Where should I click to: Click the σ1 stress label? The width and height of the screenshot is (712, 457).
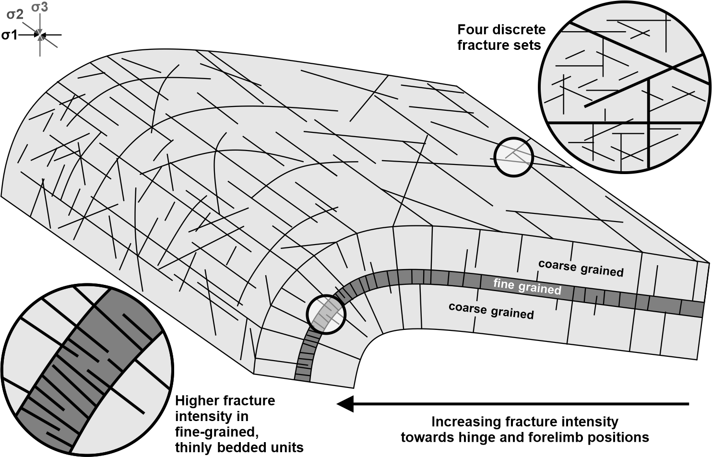9,35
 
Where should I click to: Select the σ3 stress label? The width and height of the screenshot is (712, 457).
39,7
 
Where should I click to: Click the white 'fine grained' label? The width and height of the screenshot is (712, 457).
527,286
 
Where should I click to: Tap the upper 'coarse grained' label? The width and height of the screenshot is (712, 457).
581,268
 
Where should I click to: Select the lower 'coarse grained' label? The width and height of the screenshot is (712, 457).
491,311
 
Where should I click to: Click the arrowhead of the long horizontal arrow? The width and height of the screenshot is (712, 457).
345,404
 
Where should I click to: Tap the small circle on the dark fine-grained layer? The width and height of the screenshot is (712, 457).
326,314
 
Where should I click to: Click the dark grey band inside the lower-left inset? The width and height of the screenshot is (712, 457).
91,364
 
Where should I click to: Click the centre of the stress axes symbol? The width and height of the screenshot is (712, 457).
40,35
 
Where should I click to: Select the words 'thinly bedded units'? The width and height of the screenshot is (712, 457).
239,448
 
